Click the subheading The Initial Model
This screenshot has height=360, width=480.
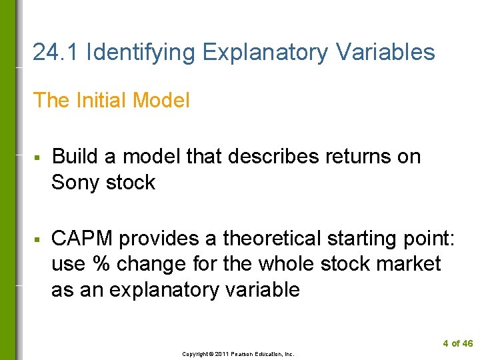(x=111, y=101)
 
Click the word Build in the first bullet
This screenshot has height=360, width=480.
(x=75, y=157)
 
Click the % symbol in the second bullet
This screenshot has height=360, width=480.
(x=101, y=264)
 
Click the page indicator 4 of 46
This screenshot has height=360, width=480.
(x=457, y=344)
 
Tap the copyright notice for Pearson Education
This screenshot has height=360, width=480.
(x=238, y=354)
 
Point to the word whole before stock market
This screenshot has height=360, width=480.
(x=284, y=264)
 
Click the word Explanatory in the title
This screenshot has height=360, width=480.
(x=265, y=52)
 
